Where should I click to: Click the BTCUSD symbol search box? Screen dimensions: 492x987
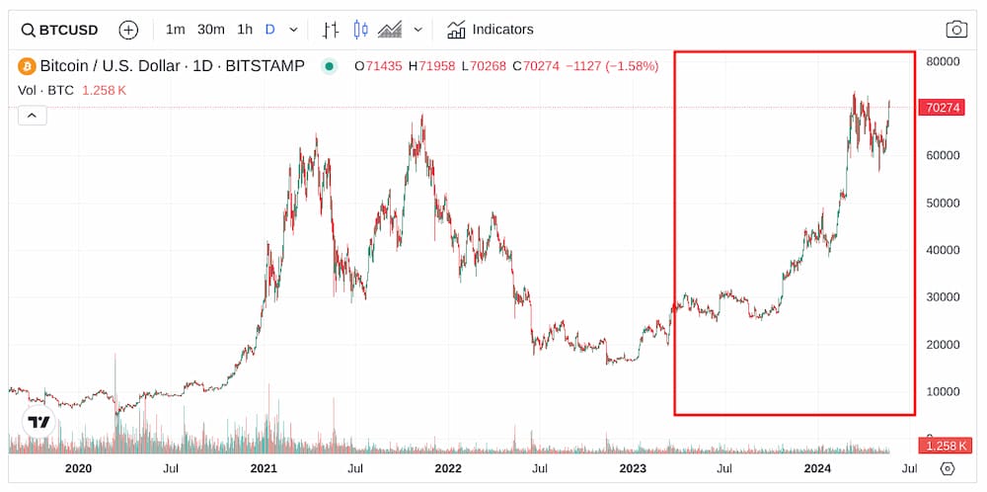coord(60,30)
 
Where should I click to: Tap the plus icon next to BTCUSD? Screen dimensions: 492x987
coord(128,30)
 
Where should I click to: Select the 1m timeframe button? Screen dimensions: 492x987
coord(175,30)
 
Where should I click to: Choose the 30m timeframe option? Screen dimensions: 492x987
coord(210,30)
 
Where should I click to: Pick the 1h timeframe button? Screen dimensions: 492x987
coord(245,30)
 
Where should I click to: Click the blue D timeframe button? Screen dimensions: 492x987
coord(269,30)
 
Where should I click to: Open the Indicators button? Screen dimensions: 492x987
coord(491,30)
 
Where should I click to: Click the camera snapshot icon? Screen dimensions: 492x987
coord(956,30)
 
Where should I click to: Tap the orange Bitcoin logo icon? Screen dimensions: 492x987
coord(27,67)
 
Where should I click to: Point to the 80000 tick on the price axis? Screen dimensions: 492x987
coord(945,61)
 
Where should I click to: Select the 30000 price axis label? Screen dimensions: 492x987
coord(945,296)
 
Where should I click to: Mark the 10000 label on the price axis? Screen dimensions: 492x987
coord(945,391)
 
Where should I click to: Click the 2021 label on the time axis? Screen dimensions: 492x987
coord(264,468)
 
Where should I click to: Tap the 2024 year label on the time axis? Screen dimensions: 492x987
coord(817,468)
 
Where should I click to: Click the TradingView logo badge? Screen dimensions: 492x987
coord(38,422)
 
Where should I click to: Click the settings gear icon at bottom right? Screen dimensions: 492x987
coord(948,468)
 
